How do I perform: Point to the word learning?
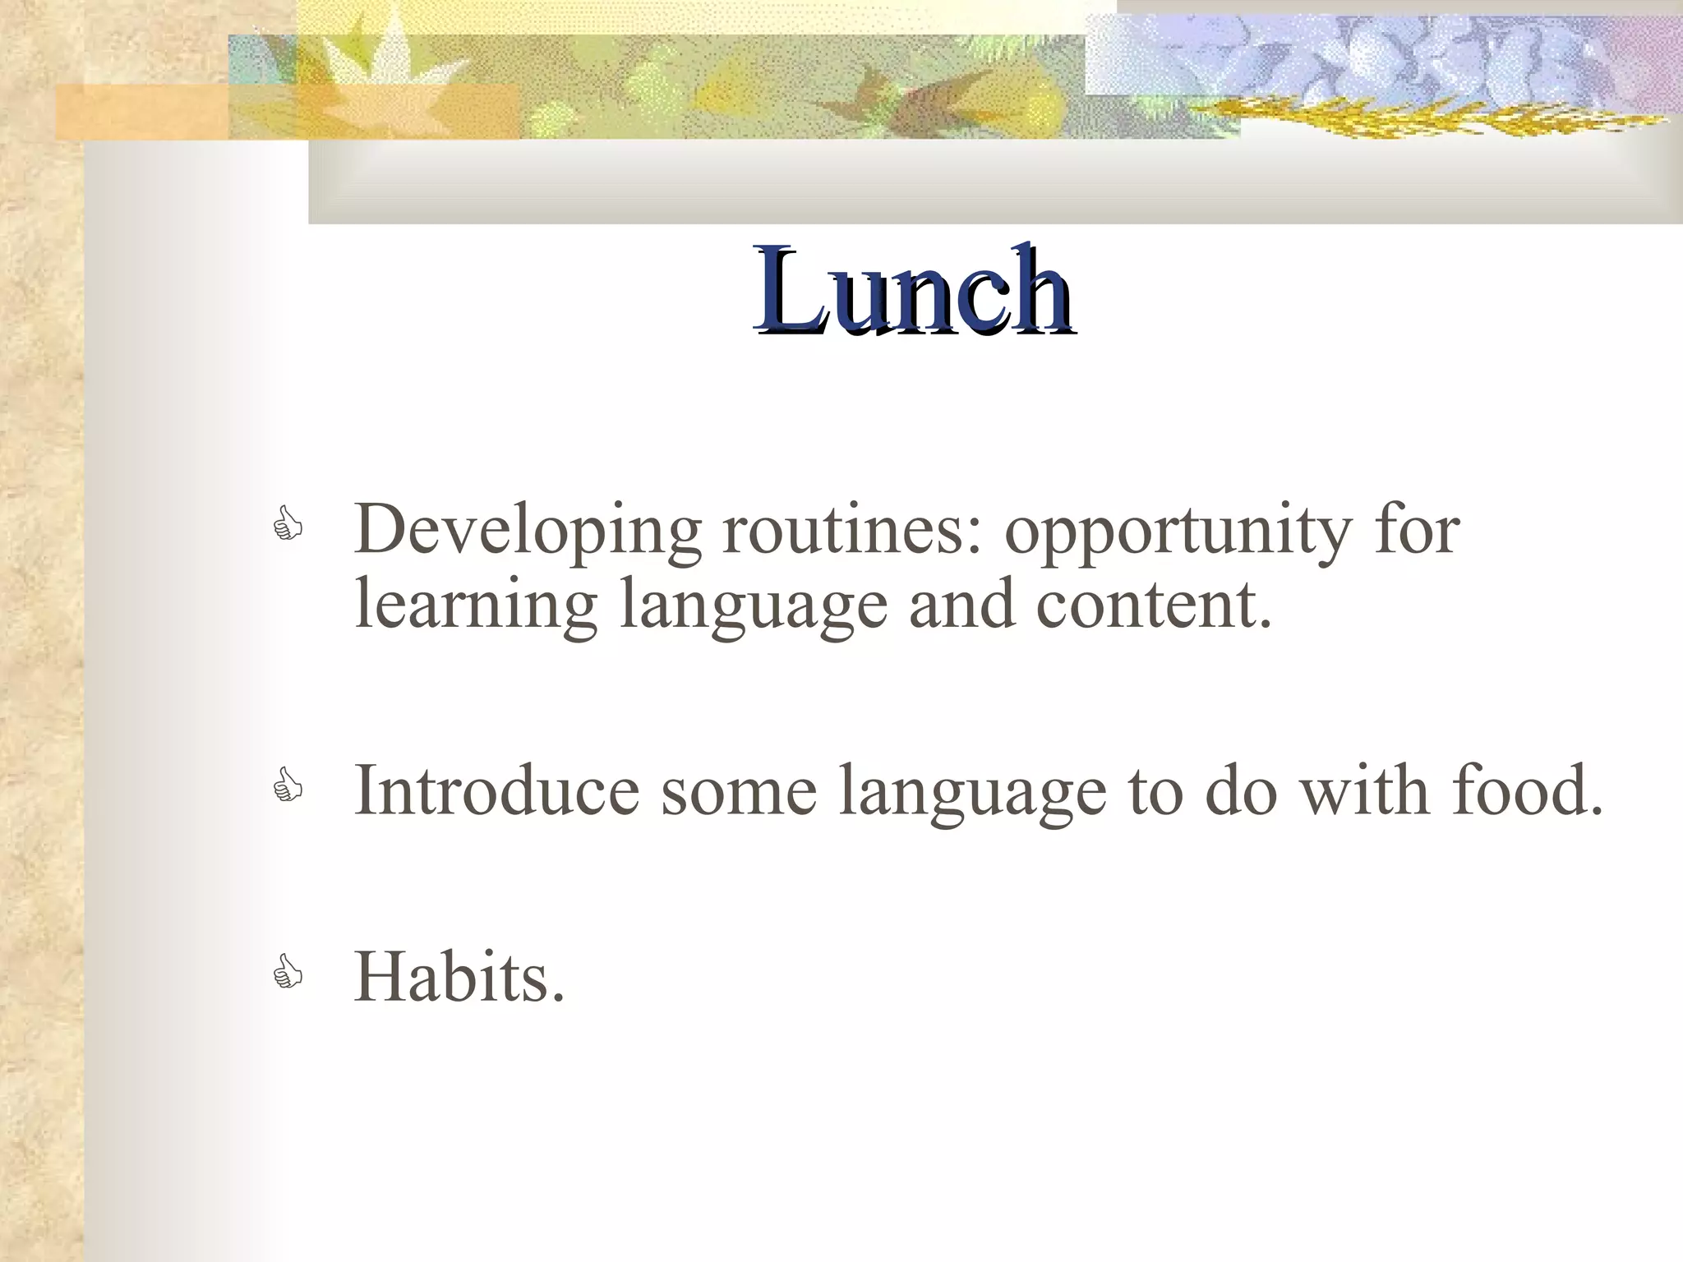(x=475, y=606)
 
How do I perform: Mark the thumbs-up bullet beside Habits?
(x=288, y=973)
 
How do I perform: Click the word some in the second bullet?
(x=739, y=791)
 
